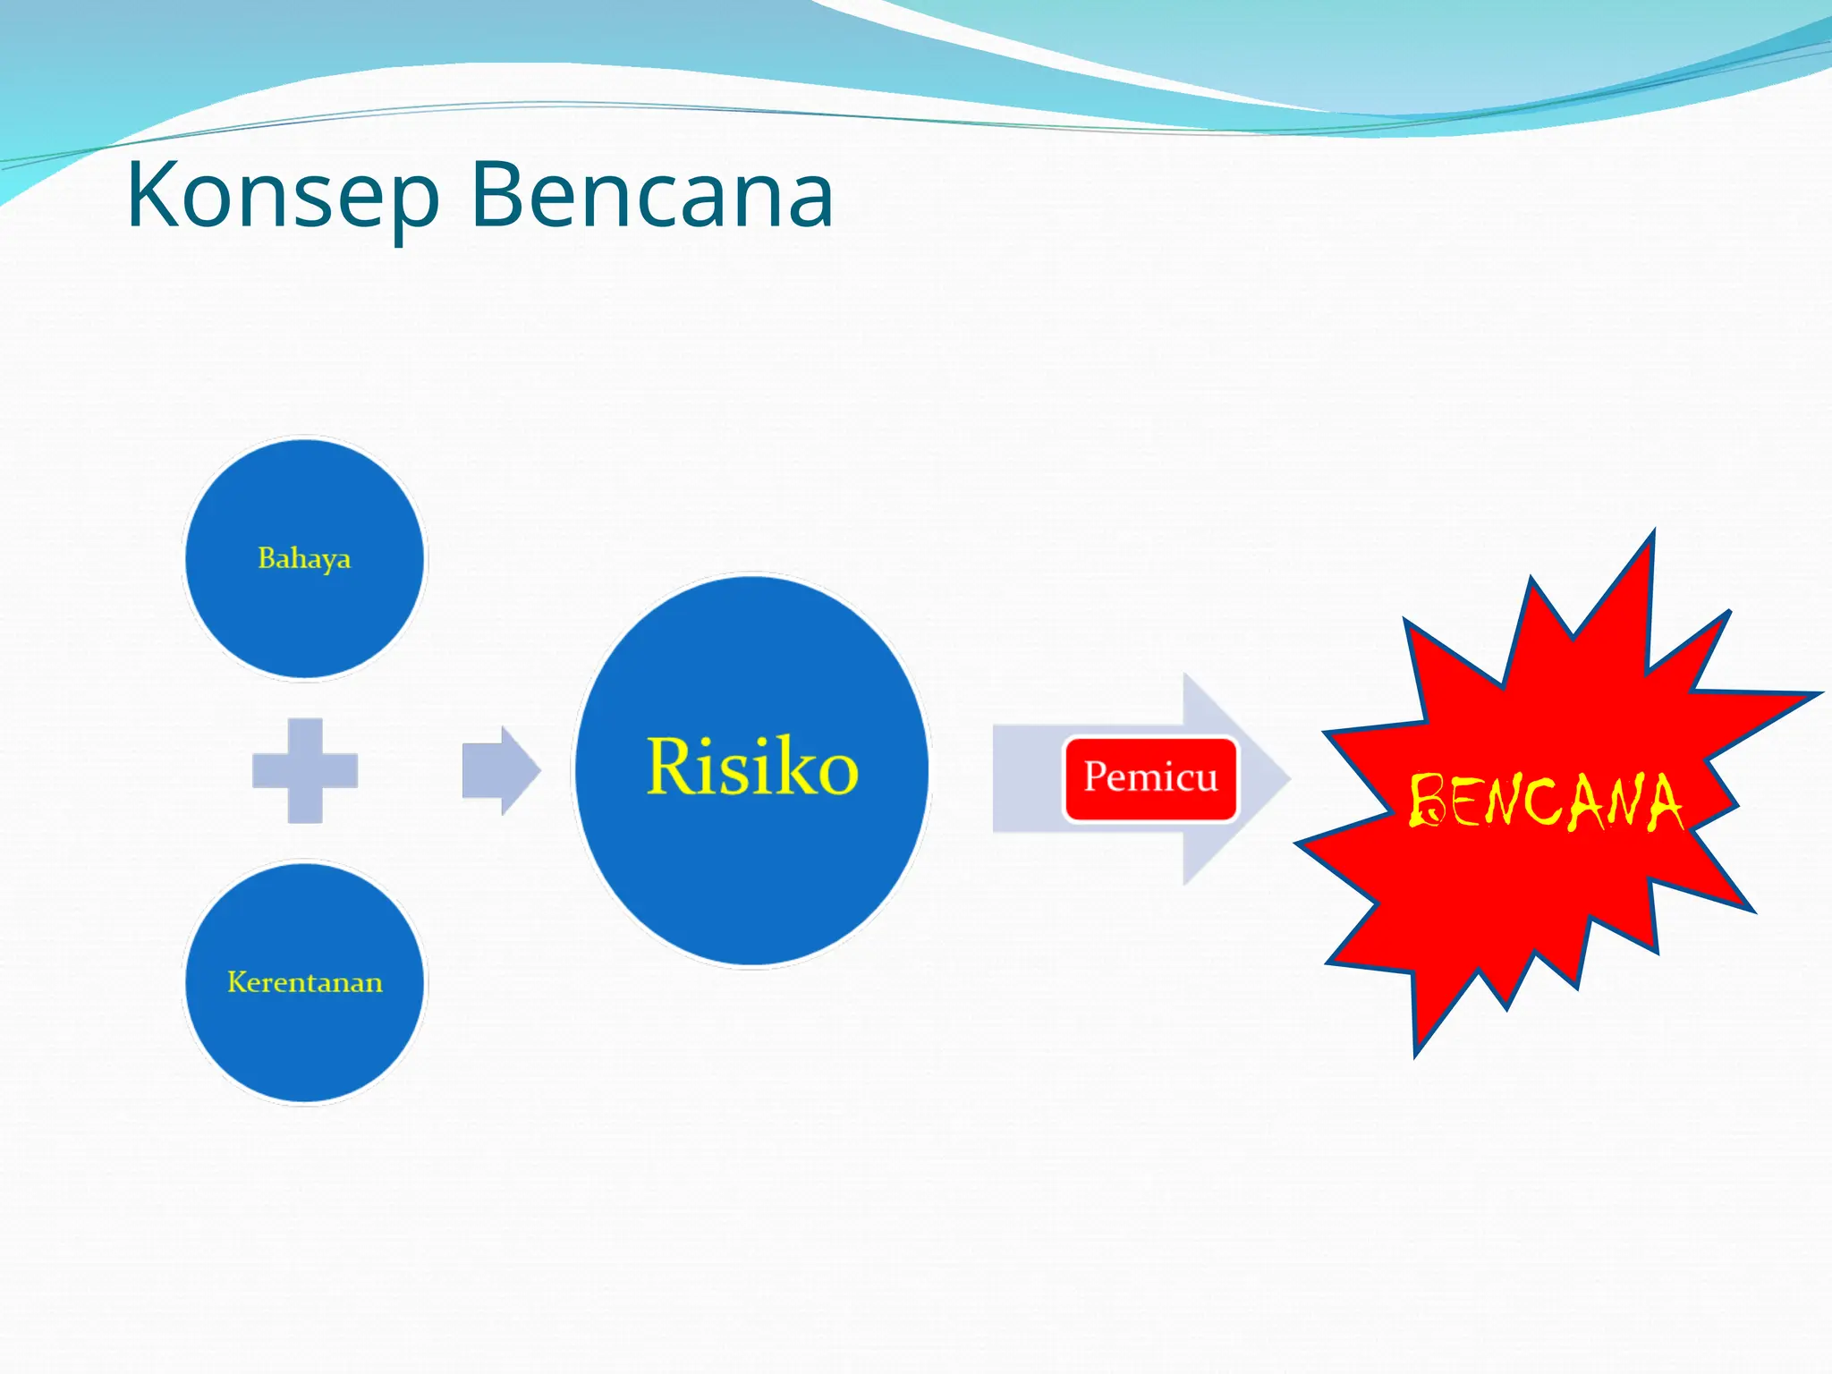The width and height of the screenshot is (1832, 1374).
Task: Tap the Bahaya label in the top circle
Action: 304,558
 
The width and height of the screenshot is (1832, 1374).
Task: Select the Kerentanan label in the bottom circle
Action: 304,982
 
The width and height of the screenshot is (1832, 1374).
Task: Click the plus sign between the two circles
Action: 305,770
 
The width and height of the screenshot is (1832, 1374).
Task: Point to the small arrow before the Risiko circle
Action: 500,770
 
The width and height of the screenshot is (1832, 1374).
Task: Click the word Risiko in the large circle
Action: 751,768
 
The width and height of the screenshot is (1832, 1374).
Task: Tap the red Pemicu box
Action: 1150,777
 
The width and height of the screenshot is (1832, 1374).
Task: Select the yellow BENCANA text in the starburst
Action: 1545,801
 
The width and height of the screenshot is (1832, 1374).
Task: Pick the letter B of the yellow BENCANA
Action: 1427,801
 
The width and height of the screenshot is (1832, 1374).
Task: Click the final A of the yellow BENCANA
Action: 1663,803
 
